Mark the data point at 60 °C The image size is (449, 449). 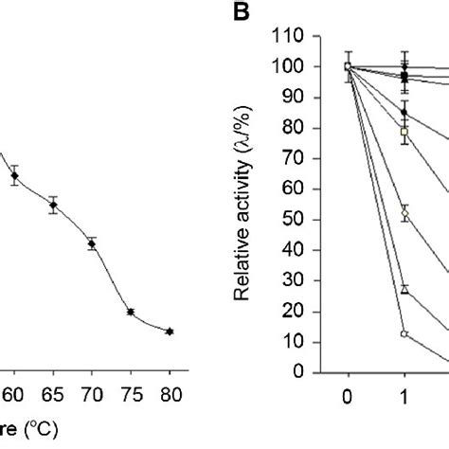(x=14, y=175)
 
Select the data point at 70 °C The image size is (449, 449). (x=92, y=243)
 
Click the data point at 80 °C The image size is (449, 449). (x=170, y=331)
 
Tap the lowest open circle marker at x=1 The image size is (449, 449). (x=404, y=333)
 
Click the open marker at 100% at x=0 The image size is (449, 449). (x=349, y=66)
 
